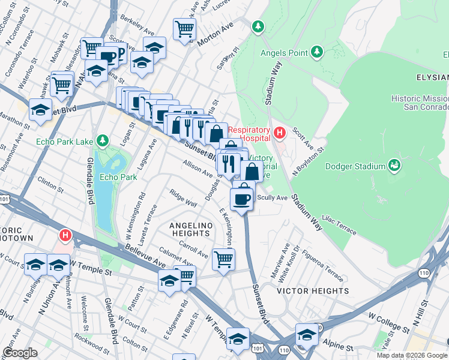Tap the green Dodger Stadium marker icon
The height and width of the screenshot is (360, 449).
[394, 164]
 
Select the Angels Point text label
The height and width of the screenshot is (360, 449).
[285, 53]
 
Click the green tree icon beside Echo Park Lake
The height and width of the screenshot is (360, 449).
[103, 140]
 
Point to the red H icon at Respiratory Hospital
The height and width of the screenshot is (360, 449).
[279, 131]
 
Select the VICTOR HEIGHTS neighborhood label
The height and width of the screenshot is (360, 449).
[312, 290]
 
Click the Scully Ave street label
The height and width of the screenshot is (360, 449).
[272, 197]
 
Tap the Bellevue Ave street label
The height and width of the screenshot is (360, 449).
[145, 256]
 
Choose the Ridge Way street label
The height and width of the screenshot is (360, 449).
[183, 199]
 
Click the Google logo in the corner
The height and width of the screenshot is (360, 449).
[20, 353]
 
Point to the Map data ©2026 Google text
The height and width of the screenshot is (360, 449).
[411, 355]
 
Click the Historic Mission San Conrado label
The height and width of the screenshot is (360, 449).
[418, 103]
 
